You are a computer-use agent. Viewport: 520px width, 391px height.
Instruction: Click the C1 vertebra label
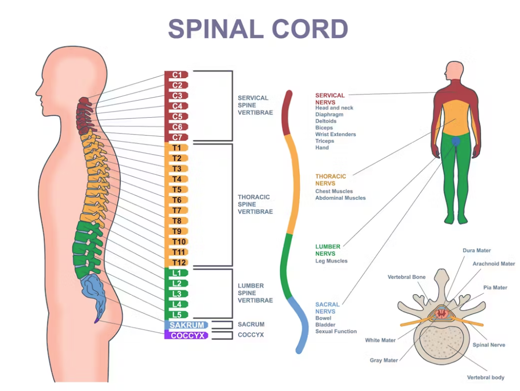tap(177, 75)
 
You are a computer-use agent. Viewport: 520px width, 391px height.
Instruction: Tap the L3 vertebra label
tap(177, 294)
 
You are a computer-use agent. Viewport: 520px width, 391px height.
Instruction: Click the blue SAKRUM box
tap(186, 325)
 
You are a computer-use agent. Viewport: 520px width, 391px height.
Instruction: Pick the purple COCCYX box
tap(186, 335)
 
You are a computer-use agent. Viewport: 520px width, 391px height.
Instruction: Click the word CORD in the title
tap(310, 29)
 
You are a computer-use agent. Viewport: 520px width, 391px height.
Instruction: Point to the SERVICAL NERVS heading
tap(330, 99)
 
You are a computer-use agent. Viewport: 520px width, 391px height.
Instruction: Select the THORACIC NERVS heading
tap(331, 180)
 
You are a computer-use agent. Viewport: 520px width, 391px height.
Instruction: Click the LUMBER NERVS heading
tap(328, 250)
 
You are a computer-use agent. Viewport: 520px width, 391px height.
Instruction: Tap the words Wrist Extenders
tap(336, 135)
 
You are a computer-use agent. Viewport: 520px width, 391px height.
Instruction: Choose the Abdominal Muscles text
tap(340, 198)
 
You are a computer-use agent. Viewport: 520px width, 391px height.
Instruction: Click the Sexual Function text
tap(336, 331)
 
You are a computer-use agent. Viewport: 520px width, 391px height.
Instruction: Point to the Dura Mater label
tap(476, 251)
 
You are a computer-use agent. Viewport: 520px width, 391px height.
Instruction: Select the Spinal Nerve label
tap(489, 345)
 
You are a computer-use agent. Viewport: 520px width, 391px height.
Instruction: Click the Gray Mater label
tap(383, 360)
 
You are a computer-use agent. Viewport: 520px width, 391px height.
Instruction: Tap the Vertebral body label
tap(486, 378)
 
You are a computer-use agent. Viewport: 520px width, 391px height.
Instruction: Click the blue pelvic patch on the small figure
tap(456, 141)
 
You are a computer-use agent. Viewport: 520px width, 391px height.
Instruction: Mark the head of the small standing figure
tap(454, 70)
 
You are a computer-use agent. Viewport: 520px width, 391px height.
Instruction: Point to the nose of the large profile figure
tap(37, 91)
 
